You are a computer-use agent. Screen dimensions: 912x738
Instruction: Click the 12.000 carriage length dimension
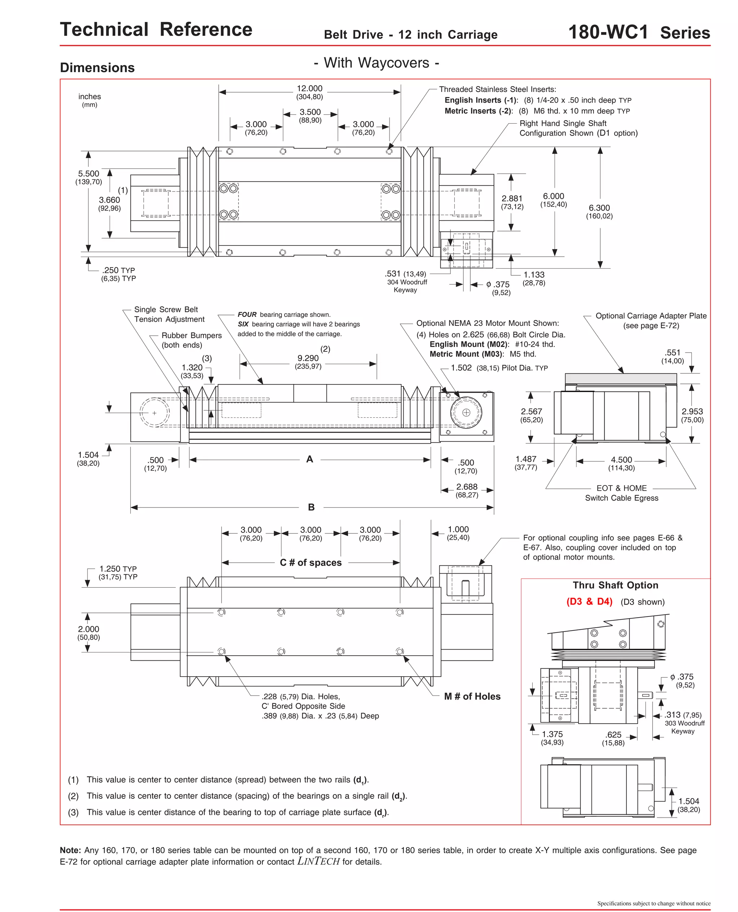(x=310, y=88)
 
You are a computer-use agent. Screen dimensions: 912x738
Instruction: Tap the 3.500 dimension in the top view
(x=310, y=112)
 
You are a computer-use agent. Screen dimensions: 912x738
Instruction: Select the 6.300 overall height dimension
(x=599, y=208)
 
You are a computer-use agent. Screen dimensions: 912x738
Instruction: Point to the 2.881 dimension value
(x=512, y=199)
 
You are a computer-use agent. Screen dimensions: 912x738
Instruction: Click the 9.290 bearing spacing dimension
(x=308, y=358)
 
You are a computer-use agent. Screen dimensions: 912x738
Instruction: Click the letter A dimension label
(x=310, y=459)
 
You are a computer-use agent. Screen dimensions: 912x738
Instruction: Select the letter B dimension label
(x=311, y=507)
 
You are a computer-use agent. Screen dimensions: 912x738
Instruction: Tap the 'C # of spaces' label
(x=310, y=562)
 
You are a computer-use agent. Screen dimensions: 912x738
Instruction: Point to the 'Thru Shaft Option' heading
(x=615, y=585)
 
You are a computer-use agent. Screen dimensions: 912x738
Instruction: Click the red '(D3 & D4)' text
(x=589, y=602)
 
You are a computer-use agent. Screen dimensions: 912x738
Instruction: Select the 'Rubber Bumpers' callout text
(x=191, y=336)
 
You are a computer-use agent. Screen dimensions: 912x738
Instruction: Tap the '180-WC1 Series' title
(x=639, y=32)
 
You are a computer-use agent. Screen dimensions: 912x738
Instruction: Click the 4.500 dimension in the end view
(x=621, y=460)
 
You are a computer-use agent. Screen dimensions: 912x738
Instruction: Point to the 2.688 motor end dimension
(x=467, y=487)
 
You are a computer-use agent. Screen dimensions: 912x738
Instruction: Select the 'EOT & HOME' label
(x=621, y=488)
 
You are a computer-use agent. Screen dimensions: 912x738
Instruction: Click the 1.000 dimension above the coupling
(x=458, y=529)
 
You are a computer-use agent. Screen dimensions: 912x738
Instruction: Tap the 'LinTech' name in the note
(x=319, y=862)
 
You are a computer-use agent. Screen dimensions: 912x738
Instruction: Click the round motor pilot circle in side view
(x=466, y=412)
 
